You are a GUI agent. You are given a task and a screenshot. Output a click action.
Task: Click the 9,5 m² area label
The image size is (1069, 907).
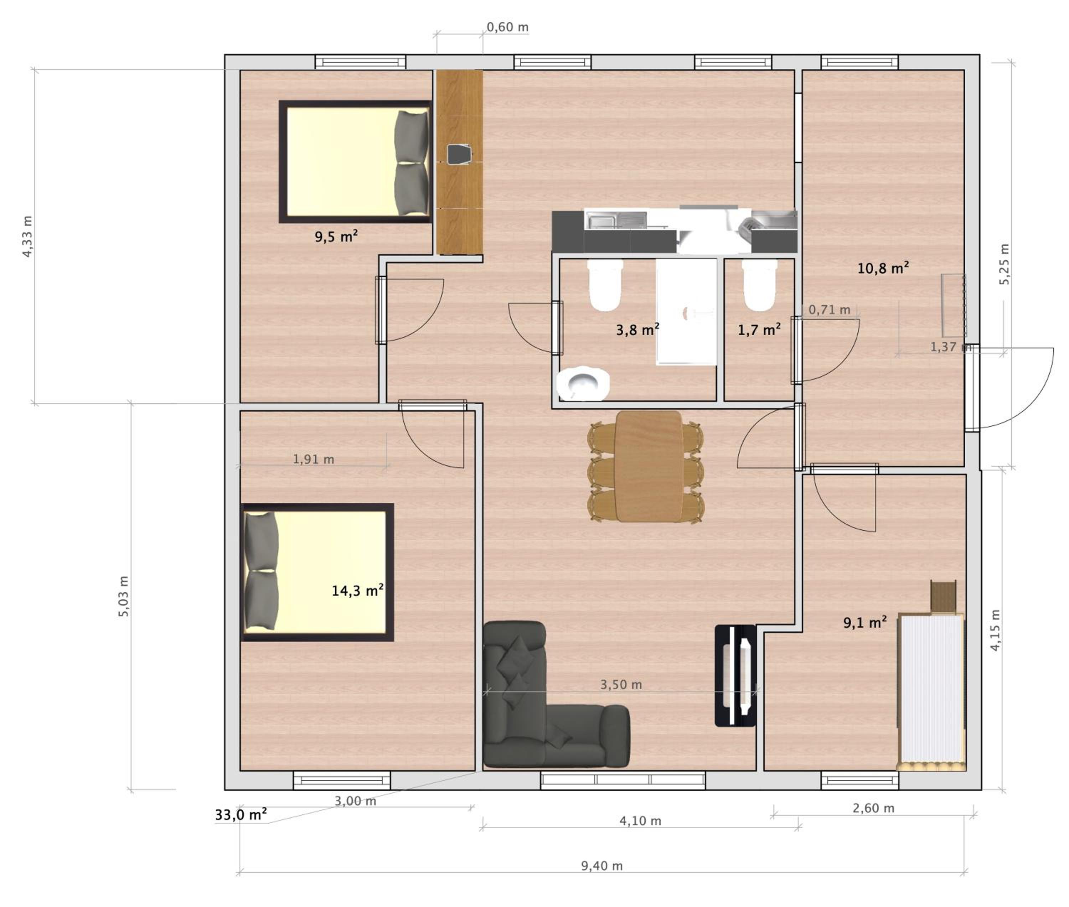coord(336,237)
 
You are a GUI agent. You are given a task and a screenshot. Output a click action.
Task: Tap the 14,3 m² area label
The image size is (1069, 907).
coord(357,590)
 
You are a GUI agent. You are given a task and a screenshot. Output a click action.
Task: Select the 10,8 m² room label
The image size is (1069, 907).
coord(883,268)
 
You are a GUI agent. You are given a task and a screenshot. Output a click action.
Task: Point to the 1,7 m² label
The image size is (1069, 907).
coord(759,330)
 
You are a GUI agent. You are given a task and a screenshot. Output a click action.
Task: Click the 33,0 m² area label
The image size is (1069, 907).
coord(241,815)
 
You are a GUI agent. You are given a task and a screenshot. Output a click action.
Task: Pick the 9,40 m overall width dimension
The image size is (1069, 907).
coord(601,866)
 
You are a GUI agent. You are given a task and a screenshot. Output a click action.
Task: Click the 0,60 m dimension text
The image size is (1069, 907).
coord(507,27)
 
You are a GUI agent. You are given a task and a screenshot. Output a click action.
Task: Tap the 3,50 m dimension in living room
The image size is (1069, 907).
coord(621,685)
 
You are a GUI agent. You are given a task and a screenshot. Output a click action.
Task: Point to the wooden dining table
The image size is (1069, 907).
coord(649,466)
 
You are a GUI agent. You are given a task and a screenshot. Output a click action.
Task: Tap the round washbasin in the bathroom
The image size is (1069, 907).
coord(583,383)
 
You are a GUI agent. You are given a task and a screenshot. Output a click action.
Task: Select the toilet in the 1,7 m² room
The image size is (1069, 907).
coord(759,285)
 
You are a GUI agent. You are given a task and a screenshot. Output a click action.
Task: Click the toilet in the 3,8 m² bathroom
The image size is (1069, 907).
coord(605,285)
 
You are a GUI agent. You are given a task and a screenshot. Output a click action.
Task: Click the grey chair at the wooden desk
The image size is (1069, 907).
coord(459,154)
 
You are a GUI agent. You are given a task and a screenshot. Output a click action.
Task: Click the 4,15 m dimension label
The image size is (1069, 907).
coord(996,630)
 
